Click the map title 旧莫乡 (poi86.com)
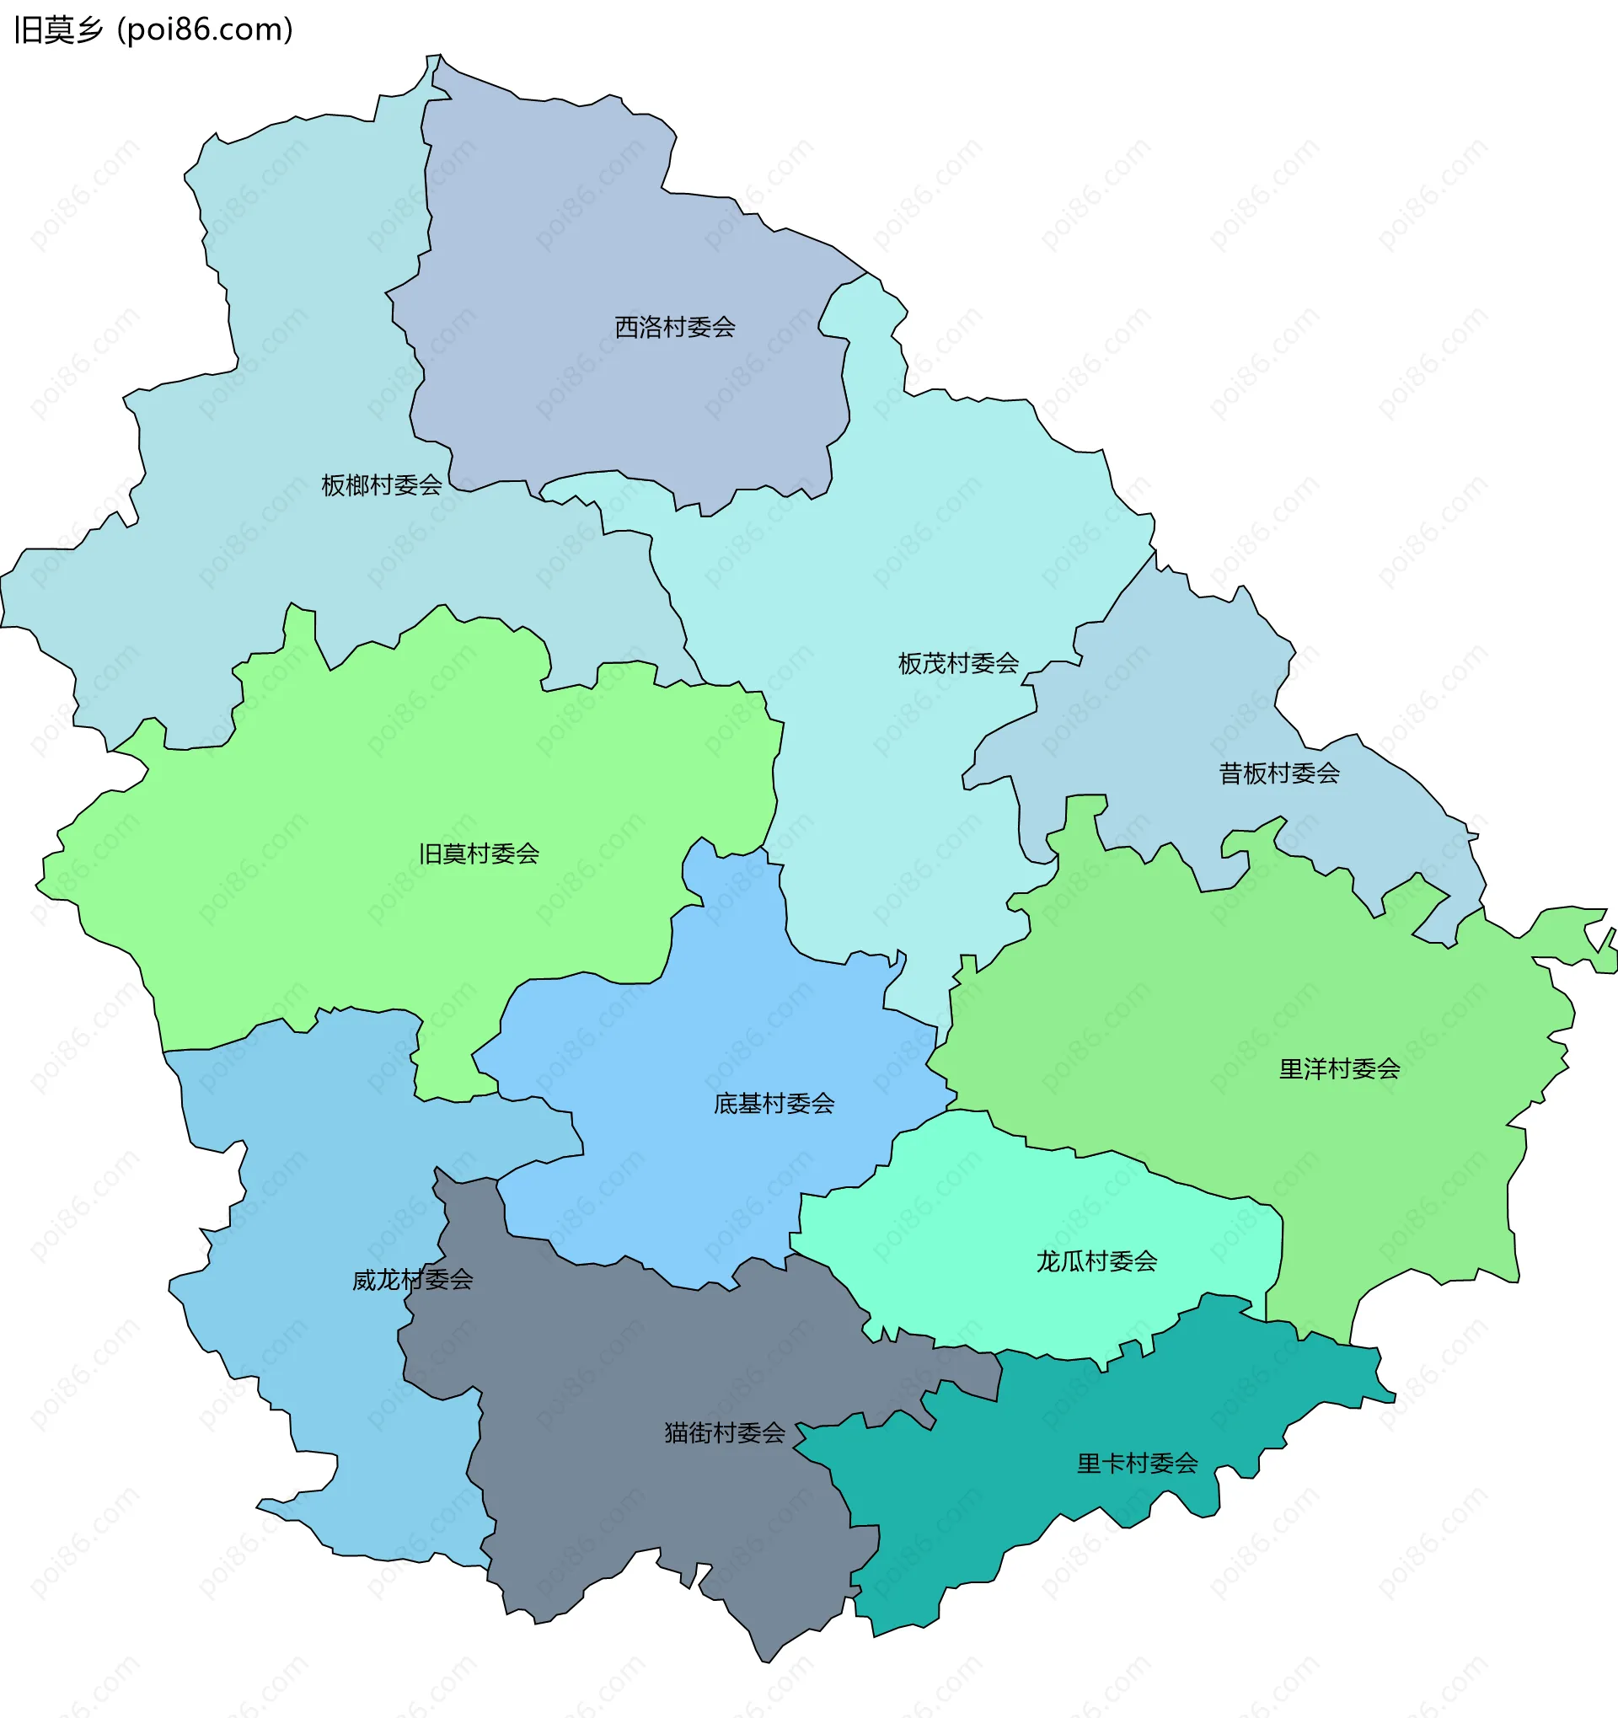(x=154, y=30)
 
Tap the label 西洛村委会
(x=674, y=328)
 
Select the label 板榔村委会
(x=381, y=485)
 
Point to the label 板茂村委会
(x=957, y=664)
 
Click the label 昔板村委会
(x=1278, y=773)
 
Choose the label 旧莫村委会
(x=479, y=854)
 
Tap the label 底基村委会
(x=774, y=1104)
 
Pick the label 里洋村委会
(x=1339, y=1070)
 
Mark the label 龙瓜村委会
(x=1096, y=1261)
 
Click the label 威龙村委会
(x=412, y=1280)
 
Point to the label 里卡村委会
(x=1137, y=1463)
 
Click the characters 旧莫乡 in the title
(x=59, y=30)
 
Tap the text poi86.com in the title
(x=204, y=30)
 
